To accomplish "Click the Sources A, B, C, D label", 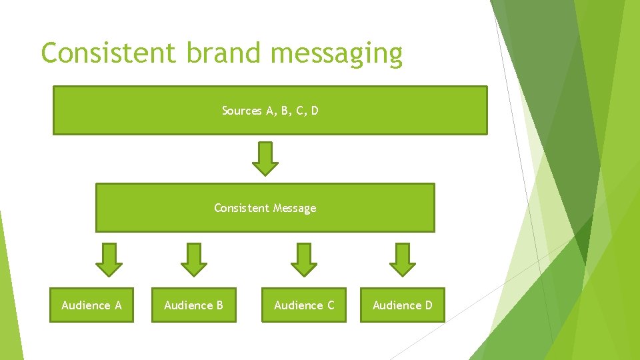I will click(x=270, y=111).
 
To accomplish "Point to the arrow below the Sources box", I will click(x=267, y=159).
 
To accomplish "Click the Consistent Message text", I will click(x=265, y=208).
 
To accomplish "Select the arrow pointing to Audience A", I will click(x=109, y=259).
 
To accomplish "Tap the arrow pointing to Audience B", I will click(x=194, y=259).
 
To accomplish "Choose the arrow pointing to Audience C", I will click(x=304, y=259).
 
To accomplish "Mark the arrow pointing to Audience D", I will click(x=402, y=259).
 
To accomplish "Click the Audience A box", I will click(x=91, y=305).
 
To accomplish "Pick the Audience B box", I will click(x=194, y=305).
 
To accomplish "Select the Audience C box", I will click(x=304, y=305).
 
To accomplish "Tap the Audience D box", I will click(x=402, y=305).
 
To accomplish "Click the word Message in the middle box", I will click(x=294, y=209).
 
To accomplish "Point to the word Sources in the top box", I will click(x=242, y=111).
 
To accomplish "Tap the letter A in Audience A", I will click(x=117, y=305).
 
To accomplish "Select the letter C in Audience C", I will click(x=330, y=305).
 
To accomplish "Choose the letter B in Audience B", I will click(x=219, y=305).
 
